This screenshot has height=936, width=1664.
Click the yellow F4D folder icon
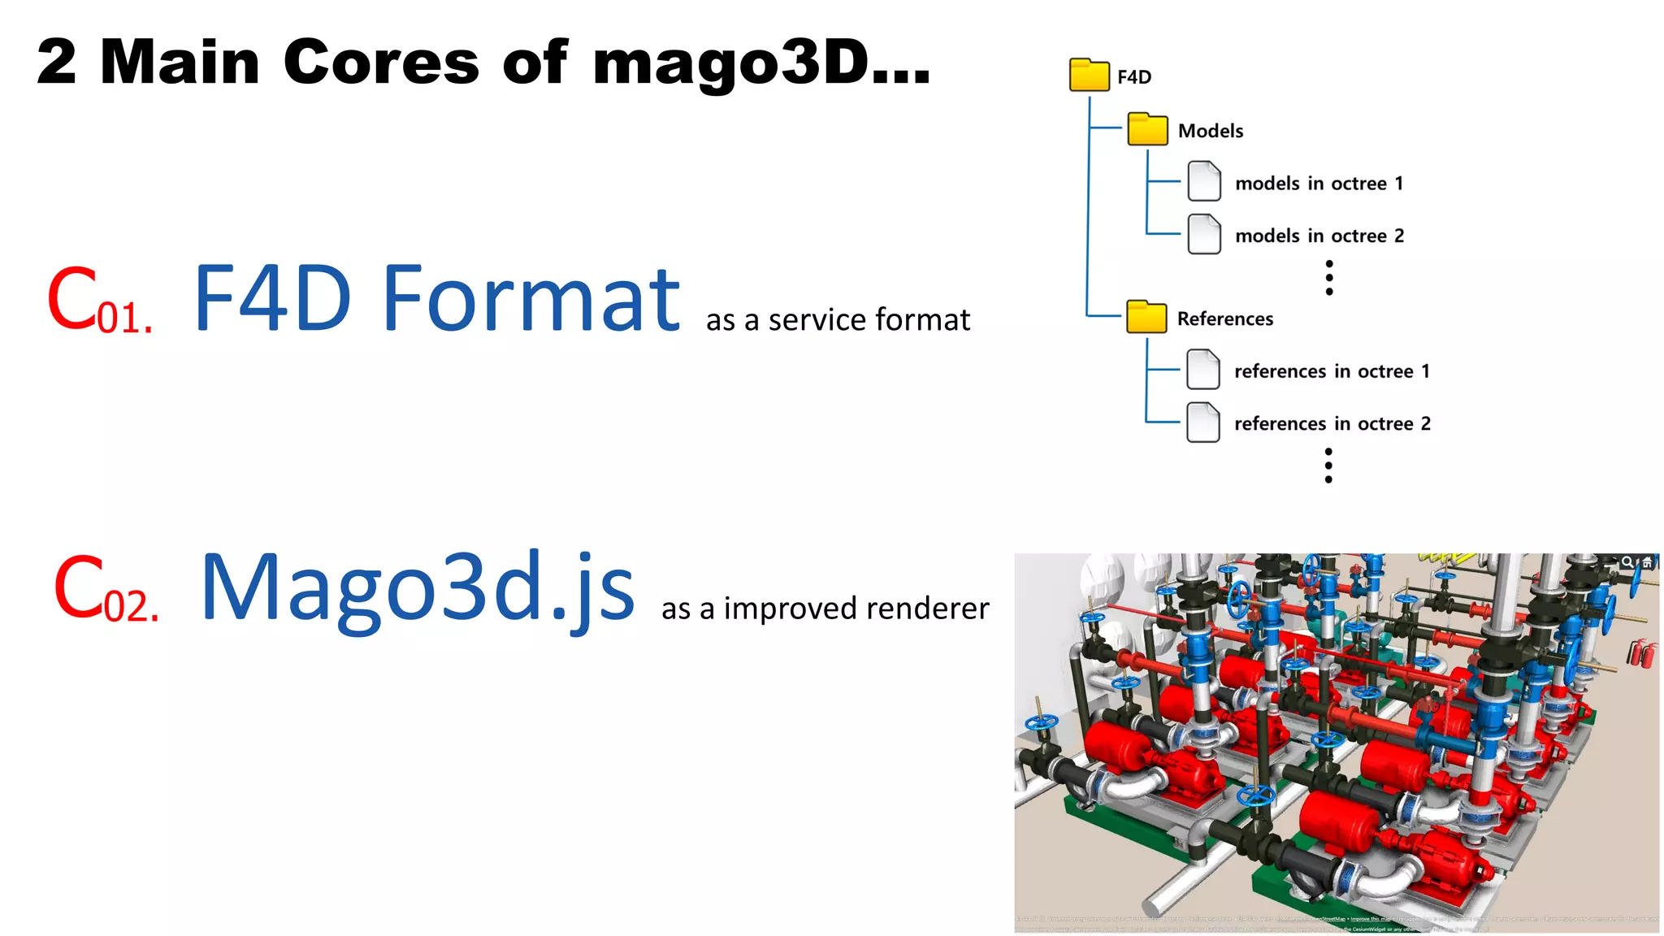coord(1089,75)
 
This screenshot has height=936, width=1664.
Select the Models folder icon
coord(1147,129)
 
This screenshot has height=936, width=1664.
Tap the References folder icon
coord(1146,317)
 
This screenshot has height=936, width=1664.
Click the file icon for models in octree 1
coord(1203,181)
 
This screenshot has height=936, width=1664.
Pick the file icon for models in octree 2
coord(1203,234)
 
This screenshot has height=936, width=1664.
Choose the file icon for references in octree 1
coord(1202,369)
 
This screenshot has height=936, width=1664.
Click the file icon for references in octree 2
coord(1202,422)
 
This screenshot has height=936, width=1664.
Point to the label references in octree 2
coord(1332,423)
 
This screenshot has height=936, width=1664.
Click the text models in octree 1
coord(1319,184)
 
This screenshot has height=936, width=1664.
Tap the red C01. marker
coord(98,301)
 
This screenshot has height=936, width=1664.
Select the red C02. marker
coord(105,590)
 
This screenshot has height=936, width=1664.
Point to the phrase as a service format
coord(838,320)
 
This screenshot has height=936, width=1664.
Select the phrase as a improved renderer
coord(825,609)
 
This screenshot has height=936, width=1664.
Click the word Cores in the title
coord(381,63)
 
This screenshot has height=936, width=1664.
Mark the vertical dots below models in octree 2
coord(1329,278)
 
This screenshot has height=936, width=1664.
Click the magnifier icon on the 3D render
coord(1627,562)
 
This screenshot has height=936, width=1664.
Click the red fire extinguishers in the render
coord(1642,652)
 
